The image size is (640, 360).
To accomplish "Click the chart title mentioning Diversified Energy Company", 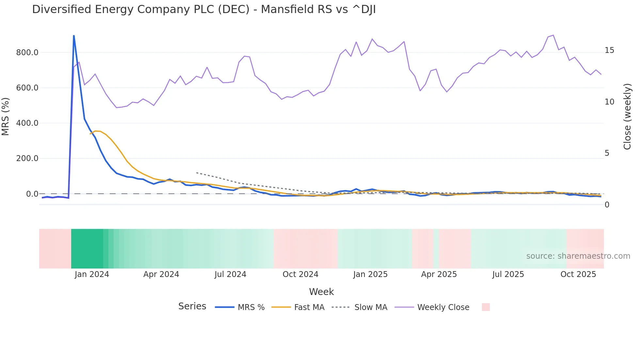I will [x=204, y=9].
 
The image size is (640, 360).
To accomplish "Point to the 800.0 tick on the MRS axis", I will [x=27, y=53].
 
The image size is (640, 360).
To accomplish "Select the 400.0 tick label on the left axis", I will [x=27, y=123].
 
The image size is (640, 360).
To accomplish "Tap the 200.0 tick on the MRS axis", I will [x=27, y=158].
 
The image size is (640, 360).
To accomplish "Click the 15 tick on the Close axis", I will [x=609, y=50].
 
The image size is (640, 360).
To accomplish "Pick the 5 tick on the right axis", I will [x=607, y=153].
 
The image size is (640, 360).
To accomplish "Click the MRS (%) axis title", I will [x=6, y=117].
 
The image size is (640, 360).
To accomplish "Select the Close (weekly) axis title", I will [x=627, y=117].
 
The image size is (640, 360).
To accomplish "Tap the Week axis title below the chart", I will [x=321, y=292].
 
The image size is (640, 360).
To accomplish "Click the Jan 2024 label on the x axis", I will [x=92, y=274].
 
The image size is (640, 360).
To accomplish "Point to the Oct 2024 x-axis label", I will [x=300, y=274].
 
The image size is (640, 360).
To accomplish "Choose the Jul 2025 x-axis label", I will [x=508, y=274].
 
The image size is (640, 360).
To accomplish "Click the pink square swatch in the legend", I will [x=486, y=307].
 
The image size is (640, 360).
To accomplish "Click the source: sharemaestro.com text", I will [x=578, y=256].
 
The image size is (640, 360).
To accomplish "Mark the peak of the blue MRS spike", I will [x=74, y=36].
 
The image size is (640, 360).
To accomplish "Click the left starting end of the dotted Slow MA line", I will [x=197, y=172].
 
